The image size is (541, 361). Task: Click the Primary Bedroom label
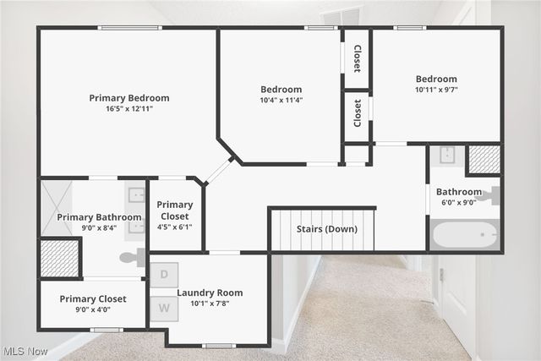click(129, 97)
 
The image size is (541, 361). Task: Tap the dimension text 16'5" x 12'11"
click(129, 108)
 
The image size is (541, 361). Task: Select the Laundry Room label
click(210, 293)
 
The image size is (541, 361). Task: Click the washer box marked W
click(164, 309)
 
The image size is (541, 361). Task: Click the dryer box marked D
click(164, 275)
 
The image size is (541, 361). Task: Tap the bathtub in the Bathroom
click(465, 234)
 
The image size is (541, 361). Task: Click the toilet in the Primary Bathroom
click(132, 257)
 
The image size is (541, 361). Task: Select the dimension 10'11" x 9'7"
click(436, 90)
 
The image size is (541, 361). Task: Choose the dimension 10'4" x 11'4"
click(281, 100)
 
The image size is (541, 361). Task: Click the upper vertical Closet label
click(357, 58)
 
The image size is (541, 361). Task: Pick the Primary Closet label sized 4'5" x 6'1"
click(174, 211)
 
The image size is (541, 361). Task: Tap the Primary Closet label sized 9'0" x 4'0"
click(93, 298)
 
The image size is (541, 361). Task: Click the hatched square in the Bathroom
click(484, 160)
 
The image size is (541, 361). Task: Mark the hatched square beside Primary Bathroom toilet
click(60, 258)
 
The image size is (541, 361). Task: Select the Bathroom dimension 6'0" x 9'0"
click(458, 202)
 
